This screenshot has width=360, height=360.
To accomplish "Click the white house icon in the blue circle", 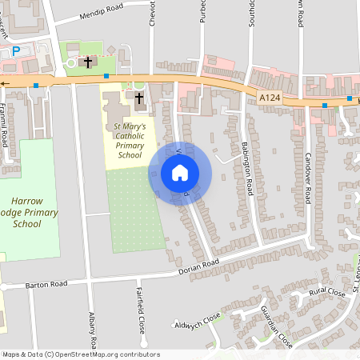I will (180, 173).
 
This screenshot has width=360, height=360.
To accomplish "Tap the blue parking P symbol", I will (15, 51).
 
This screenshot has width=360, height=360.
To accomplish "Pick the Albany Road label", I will (94, 330).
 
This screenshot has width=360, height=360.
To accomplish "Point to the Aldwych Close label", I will (197, 322).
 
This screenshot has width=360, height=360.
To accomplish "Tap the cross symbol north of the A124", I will (87, 62).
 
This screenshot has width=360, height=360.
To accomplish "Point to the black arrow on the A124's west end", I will (5, 82).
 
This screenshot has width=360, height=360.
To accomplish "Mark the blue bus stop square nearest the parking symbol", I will (36, 85).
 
